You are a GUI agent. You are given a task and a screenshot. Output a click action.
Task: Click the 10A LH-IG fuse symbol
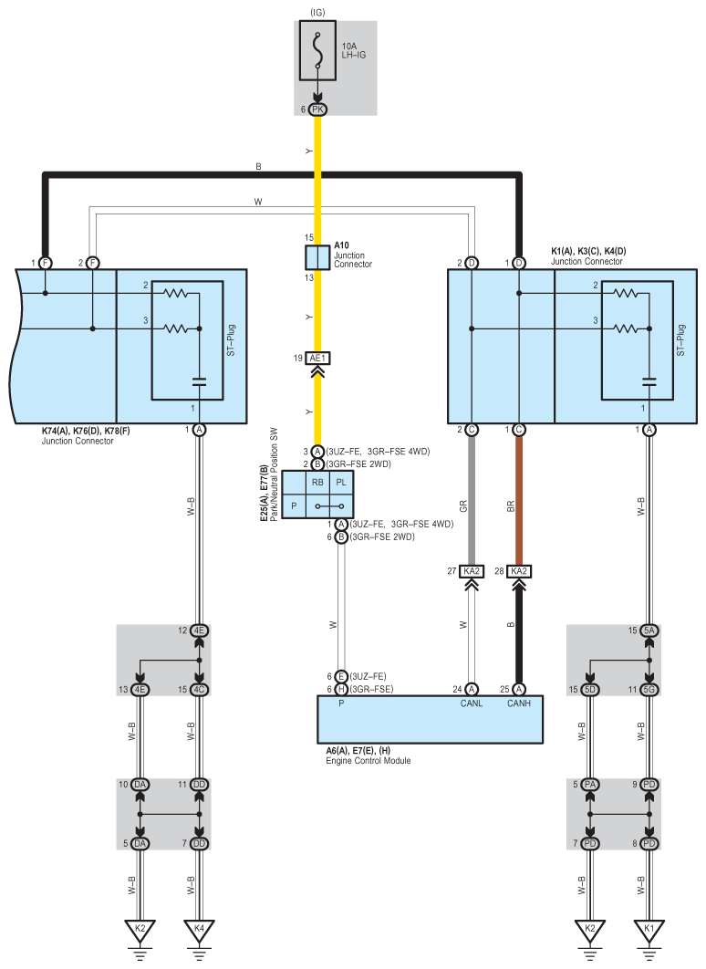coord(317,52)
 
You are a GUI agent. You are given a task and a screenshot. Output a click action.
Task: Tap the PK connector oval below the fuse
coord(317,109)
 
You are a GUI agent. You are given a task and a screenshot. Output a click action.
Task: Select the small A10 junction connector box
coord(317,256)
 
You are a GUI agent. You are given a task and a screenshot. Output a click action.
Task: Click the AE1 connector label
coord(317,359)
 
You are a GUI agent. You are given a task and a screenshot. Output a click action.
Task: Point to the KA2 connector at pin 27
coord(472,571)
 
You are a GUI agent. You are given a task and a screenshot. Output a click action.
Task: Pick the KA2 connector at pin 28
coord(519,571)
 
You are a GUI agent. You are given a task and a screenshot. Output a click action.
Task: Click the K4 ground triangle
coord(199,930)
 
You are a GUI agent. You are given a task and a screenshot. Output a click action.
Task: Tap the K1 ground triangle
coord(649,930)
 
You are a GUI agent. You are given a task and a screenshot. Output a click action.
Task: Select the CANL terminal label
coord(472,703)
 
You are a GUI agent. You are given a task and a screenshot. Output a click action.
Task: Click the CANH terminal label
coord(519,703)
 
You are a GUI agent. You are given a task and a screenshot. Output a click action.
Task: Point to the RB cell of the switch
coord(317,482)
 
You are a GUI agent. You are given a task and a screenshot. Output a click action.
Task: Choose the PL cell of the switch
coord(340,482)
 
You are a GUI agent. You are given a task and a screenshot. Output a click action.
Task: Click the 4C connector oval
coord(199,689)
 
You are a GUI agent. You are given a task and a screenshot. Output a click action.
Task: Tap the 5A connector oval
coord(649,630)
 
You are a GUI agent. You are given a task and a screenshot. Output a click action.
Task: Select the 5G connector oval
coord(649,689)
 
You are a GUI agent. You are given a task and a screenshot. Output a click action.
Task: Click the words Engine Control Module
coord(368,760)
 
